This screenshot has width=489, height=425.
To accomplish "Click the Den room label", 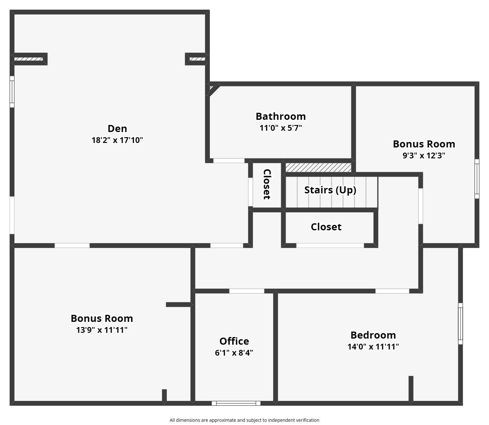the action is (x=117, y=128).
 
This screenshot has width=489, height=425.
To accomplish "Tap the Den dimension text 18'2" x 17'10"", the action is (x=117, y=140).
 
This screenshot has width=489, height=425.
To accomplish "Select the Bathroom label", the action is (x=280, y=117).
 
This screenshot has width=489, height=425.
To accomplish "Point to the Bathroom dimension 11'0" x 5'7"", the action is (x=280, y=128).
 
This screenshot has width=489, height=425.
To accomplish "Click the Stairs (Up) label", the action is (x=330, y=190).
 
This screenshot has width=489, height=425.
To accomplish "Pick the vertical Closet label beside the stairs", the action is (x=267, y=184).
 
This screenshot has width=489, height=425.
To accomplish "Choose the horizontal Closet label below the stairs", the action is (x=326, y=227).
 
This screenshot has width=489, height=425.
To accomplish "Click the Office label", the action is (x=234, y=341).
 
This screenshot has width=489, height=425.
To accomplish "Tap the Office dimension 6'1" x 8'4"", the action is (x=234, y=353).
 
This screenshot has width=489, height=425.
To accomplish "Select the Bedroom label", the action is (x=373, y=335).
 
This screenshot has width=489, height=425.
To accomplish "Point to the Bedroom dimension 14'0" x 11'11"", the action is (x=373, y=347).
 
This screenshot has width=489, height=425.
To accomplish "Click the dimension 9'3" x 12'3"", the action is (x=424, y=155).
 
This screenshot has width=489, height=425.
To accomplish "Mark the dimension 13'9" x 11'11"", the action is (x=102, y=330).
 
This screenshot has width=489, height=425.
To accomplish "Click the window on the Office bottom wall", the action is (x=236, y=403).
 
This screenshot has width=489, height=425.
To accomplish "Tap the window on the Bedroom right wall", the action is (x=460, y=324).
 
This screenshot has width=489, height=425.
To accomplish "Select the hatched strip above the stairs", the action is (x=318, y=167).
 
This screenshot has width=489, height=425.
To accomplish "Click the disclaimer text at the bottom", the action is (x=244, y=420).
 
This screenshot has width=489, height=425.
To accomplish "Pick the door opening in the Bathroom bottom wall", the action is (x=229, y=161).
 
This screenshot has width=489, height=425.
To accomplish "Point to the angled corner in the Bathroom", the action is (x=214, y=89).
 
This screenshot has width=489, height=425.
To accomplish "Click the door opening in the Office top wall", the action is (x=247, y=291).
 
